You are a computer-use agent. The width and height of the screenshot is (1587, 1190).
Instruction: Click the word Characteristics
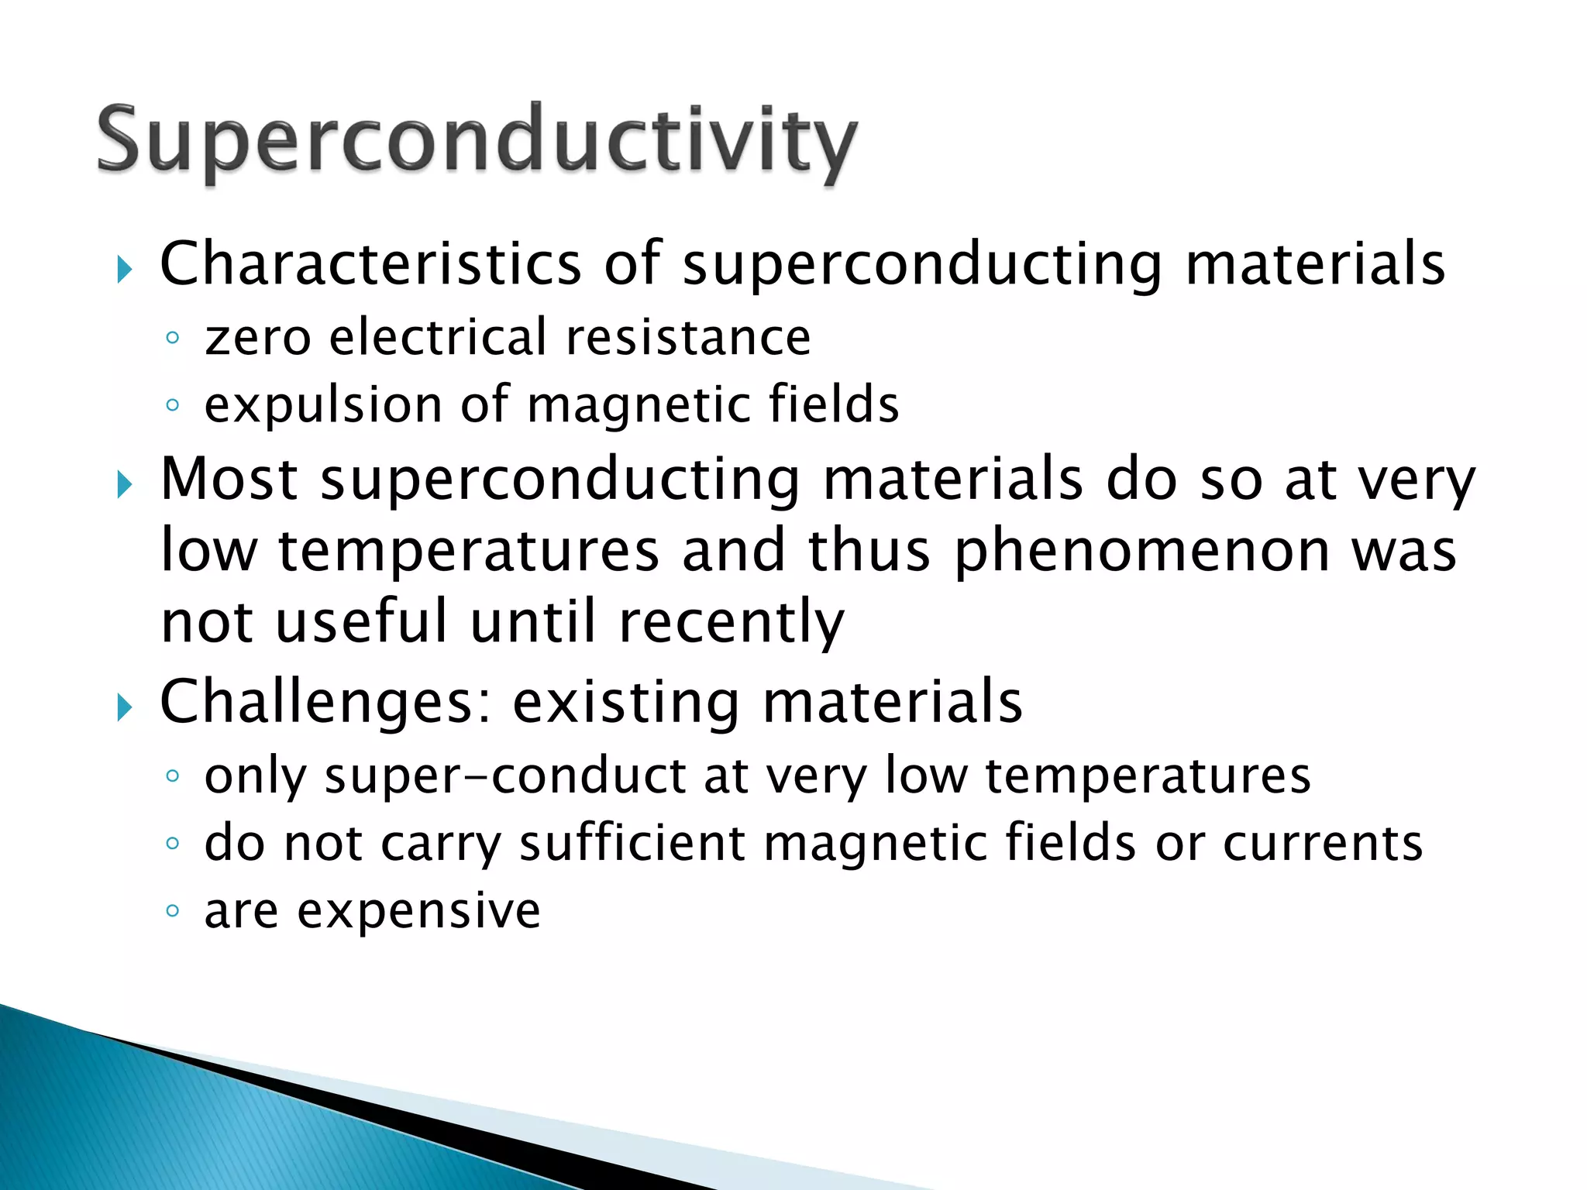click(370, 265)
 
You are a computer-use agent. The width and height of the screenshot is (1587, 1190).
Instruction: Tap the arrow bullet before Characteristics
click(124, 270)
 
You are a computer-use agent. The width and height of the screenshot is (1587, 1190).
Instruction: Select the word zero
click(257, 339)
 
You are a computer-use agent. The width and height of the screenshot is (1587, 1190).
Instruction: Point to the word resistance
click(688, 339)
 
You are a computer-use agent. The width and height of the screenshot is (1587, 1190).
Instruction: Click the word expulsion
click(323, 406)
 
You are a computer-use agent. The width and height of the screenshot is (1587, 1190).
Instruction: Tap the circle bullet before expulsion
click(173, 405)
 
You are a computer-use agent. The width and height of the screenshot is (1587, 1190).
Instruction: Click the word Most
click(229, 480)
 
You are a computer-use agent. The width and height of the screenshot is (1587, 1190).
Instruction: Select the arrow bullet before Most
click(124, 486)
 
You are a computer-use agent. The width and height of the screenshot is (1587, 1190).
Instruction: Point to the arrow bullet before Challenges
click(124, 707)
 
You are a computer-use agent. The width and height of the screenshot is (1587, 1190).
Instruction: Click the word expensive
click(418, 913)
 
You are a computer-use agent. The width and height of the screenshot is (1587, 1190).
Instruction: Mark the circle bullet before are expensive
click(173, 910)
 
